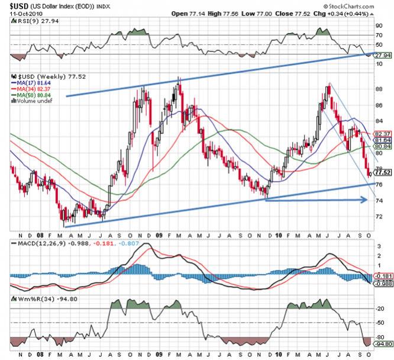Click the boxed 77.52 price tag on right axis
[x=383, y=172]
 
